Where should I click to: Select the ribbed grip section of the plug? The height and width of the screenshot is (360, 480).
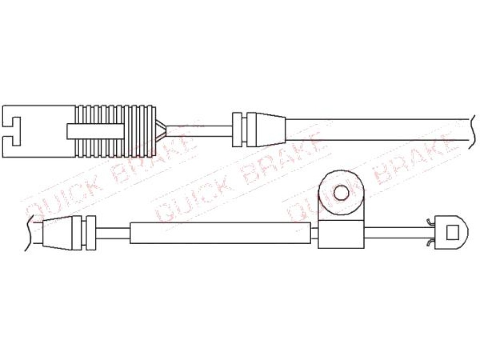pos(115,131)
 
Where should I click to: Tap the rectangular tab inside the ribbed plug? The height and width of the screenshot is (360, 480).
pos(95,131)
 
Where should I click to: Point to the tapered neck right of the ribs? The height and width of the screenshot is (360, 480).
pos(161,131)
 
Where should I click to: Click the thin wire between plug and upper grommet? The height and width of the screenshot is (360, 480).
pos(199,131)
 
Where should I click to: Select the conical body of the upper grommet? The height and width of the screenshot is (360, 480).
pos(266,130)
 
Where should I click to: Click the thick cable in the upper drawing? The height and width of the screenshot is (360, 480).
pos(377,130)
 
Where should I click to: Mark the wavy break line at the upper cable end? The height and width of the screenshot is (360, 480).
pos(472,132)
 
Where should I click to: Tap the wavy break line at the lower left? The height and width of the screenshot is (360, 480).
pos(29,232)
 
